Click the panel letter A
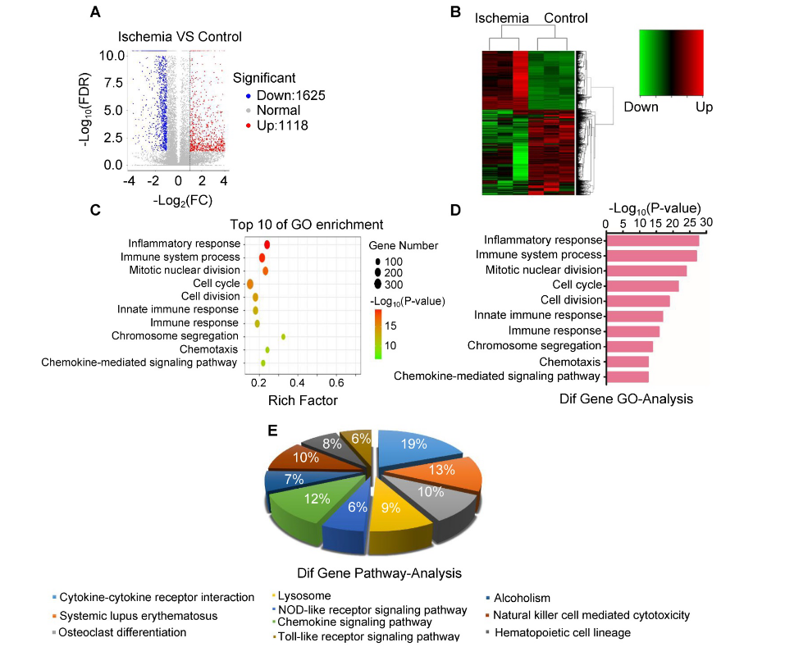[x=96, y=12]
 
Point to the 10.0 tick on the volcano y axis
[x=112, y=55]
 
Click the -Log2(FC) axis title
[x=176, y=200]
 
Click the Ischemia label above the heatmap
[x=502, y=18]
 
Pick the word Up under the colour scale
[x=704, y=107]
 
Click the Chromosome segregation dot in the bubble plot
[x=284, y=336]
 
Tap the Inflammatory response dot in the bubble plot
[x=267, y=244]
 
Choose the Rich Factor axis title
[x=303, y=400]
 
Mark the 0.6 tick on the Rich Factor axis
[x=336, y=383]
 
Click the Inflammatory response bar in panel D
[x=652, y=240]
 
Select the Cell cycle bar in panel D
[x=642, y=285]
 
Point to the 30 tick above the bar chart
[x=706, y=222]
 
